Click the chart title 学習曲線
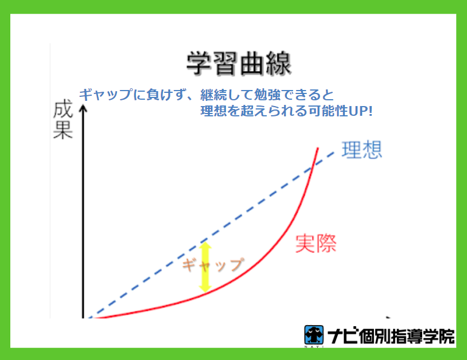coord(239,64)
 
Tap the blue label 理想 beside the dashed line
coord(361,150)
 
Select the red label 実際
coord(316,244)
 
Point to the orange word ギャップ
coord(213,264)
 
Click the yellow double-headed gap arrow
coord(205,267)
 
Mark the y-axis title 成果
coord(63,120)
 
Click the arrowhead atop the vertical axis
coord(83,108)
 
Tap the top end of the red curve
coord(318,148)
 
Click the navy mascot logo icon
coord(314,335)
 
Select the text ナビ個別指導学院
coord(391,336)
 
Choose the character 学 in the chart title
coord(199,64)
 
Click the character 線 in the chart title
coord(278,64)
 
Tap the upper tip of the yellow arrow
coord(205,242)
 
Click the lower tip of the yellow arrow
coord(205,291)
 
